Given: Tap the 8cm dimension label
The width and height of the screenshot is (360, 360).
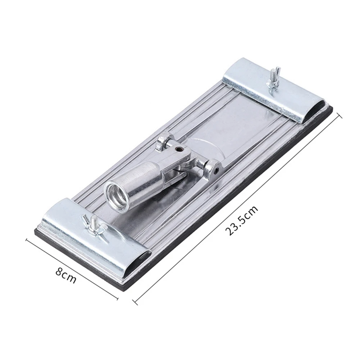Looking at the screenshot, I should [x=66, y=275].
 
